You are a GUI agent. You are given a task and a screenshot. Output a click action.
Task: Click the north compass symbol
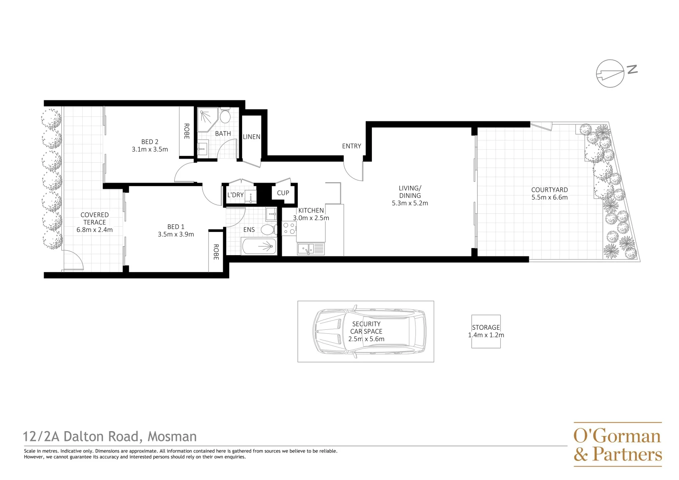pos(611,73)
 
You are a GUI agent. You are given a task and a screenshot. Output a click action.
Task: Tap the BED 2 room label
pos(150,142)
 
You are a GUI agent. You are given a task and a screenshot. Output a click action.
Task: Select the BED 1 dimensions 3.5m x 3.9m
pos(176,234)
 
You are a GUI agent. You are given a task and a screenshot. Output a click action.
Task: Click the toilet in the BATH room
pos(225,116)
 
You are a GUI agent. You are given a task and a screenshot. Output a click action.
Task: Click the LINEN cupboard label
pos(252,137)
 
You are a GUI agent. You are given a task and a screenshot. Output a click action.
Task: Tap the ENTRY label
pos(351,146)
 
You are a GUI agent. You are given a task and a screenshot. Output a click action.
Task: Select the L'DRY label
pos(235,195)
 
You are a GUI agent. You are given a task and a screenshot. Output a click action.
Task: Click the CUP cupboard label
pos(283,193)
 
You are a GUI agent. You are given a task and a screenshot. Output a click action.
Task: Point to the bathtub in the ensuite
pos(259,246)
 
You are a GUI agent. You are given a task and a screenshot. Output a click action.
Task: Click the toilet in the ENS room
pos(268,230)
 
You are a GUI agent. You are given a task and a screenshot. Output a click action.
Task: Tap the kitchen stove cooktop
pos(289,228)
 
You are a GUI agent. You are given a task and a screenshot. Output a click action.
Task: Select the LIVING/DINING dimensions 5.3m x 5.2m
pos(410,203)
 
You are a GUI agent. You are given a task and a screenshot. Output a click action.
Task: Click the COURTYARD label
pos(549,190)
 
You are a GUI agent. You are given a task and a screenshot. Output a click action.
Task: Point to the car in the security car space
pos(369,331)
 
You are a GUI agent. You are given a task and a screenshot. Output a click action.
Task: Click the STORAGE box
pos(486,331)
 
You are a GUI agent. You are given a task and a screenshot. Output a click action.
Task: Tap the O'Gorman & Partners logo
pos(617,444)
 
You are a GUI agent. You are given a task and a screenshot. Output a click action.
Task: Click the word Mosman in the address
pos(172,437)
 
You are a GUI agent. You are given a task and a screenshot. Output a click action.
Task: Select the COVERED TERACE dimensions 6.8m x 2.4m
pos(95,230)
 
